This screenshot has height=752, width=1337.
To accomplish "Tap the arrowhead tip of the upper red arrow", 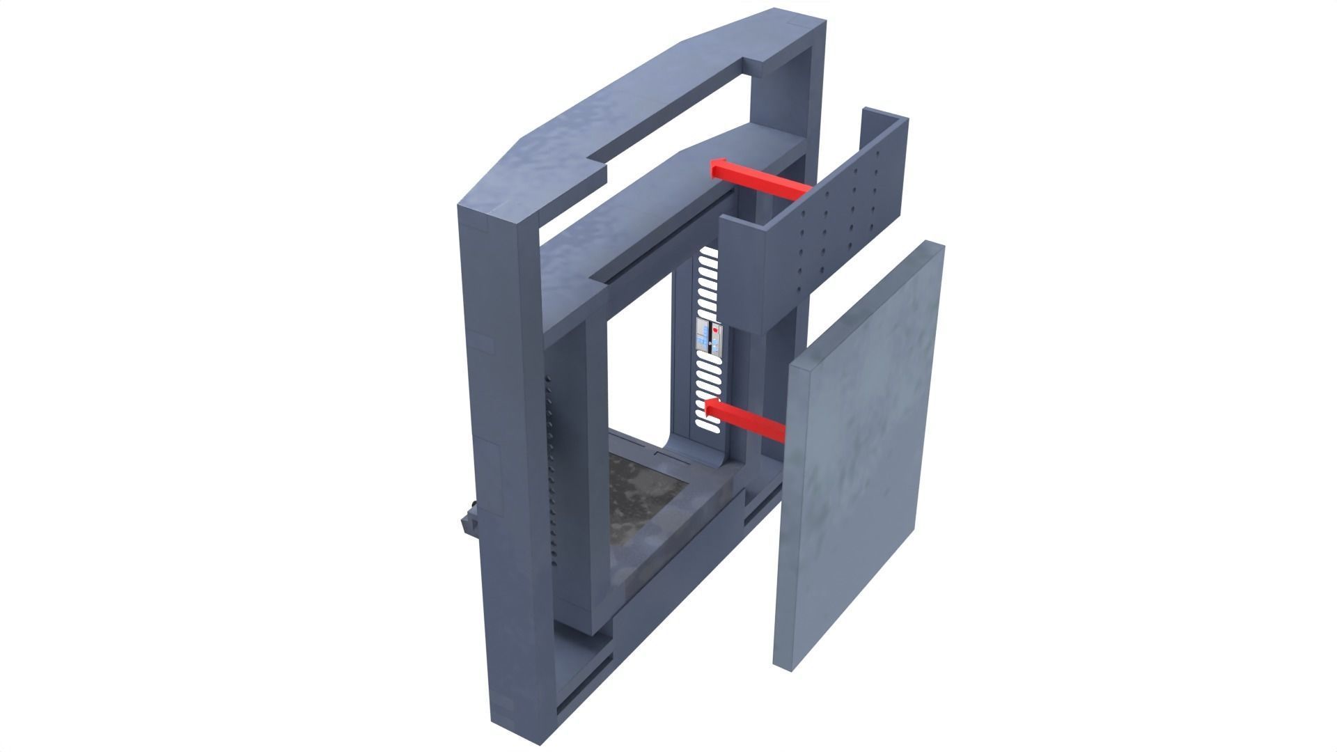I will [712, 168].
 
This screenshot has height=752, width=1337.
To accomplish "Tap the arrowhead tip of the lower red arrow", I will [705, 410].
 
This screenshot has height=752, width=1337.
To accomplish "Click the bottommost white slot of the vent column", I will [701, 418].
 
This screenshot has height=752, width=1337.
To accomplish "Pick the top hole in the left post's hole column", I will [548, 380].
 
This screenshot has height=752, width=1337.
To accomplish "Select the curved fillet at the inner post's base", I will [675, 446].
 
